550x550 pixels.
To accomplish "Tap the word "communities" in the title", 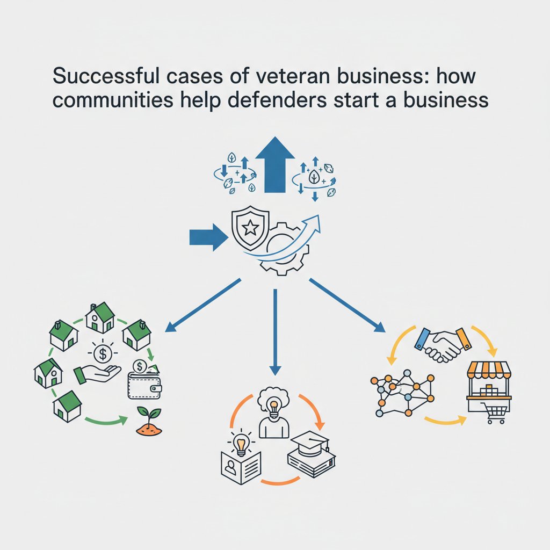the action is tap(113, 100).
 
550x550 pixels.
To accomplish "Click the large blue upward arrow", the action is tap(275, 164).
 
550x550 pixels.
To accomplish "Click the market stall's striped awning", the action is tap(489, 371).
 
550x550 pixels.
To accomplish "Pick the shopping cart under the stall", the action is tap(494, 413).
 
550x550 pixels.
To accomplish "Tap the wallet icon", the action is tap(144, 385).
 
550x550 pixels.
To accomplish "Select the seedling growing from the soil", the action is tap(149, 421).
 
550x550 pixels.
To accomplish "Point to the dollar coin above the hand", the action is tap(103, 354).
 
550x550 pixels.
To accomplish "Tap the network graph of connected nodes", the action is tap(403, 393).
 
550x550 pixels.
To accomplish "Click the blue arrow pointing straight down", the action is tap(275, 332).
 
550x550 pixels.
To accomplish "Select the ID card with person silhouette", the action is tap(241, 468).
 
